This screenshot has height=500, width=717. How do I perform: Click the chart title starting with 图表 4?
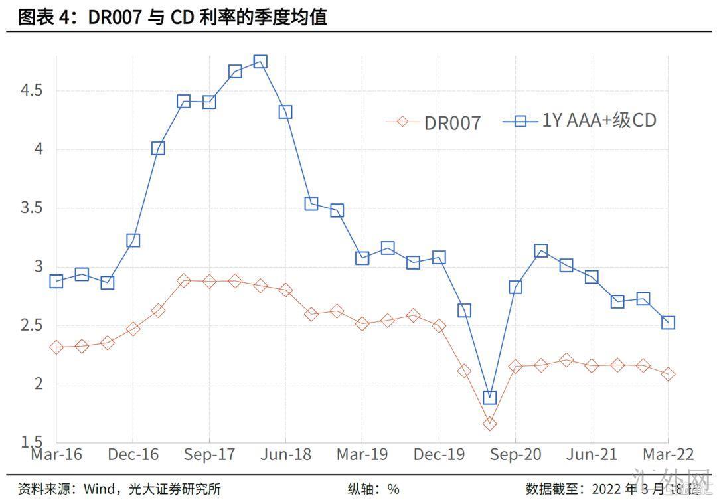(173, 17)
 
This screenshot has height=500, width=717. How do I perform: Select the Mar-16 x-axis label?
(56, 455)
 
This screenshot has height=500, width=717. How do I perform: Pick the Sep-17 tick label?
(209, 455)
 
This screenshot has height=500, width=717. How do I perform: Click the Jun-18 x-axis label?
(285, 455)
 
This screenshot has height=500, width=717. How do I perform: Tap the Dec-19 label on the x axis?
(439, 455)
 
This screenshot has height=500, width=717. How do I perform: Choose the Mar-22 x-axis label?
(667, 455)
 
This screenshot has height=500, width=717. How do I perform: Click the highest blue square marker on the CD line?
(260, 62)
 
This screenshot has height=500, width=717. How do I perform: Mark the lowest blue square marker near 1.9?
(490, 398)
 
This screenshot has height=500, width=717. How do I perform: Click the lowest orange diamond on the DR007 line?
(490, 423)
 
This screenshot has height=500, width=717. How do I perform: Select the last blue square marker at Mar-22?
(668, 323)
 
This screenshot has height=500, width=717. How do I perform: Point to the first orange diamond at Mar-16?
(56, 347)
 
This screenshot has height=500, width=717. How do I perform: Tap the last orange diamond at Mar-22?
(668, 375)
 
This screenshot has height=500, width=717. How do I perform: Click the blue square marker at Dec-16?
(133, 240)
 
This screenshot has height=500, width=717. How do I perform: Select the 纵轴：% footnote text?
(374, 489)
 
